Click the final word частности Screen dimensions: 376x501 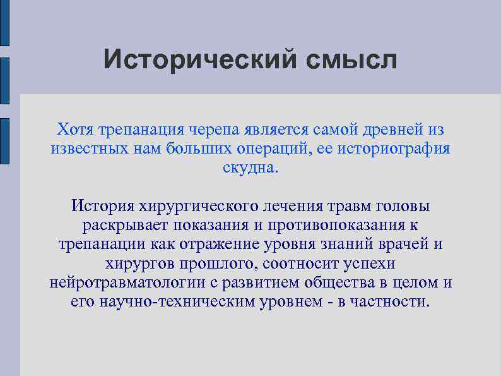click(393, 301)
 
